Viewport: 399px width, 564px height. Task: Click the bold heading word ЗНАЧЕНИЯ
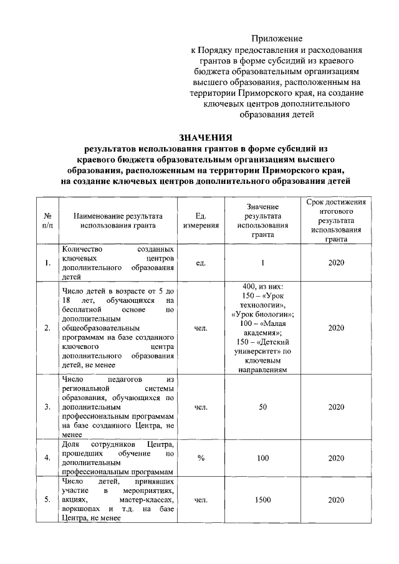pyautogui.click(x=205, y=137)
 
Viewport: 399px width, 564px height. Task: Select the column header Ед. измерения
pyautogui.click(x=201, y=221)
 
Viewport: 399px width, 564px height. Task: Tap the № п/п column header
pyautogui.click(x=47, y=221)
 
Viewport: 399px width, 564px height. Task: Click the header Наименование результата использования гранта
pyautogui.click(x=117, y=221)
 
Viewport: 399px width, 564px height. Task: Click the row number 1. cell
pyautogui.click(x=47, y=262)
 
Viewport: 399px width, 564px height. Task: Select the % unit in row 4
pyautogui.click(x=201, y=458)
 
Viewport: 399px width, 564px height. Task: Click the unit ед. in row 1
pyautogui.click(x=201, y=262)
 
